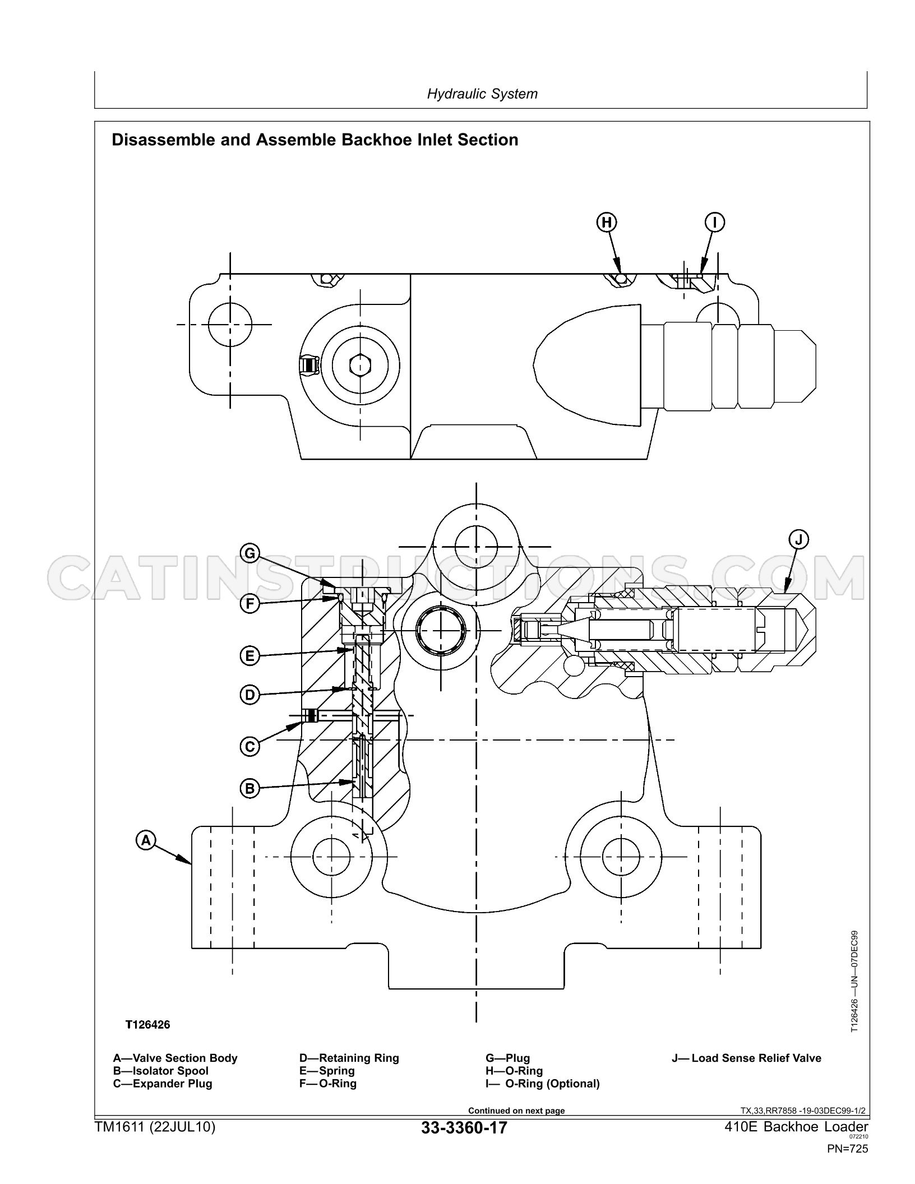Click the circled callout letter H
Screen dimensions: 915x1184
pos(607,223)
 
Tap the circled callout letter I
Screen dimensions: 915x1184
pos(715,223)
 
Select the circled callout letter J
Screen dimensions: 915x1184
pos(799,540)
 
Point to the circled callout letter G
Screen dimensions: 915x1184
pos(250,554)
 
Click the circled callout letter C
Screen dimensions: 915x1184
pos(250,747)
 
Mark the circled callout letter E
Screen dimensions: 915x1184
pos(250,655)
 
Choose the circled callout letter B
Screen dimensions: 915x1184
pos(250,789)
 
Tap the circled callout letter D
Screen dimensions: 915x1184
pos(250,695)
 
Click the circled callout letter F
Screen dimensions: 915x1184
pos(250,604)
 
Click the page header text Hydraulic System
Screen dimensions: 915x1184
pos(482,94)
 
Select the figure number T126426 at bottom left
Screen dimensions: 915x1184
pos(147,1025)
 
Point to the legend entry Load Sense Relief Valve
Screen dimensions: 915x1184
pos(756,1058)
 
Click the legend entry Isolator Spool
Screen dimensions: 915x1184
pos(170,1071)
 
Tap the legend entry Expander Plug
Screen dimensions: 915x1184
pos(173,1084)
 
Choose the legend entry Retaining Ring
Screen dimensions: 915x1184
pos(359,1058)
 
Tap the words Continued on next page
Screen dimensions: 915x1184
pos(516,1111)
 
